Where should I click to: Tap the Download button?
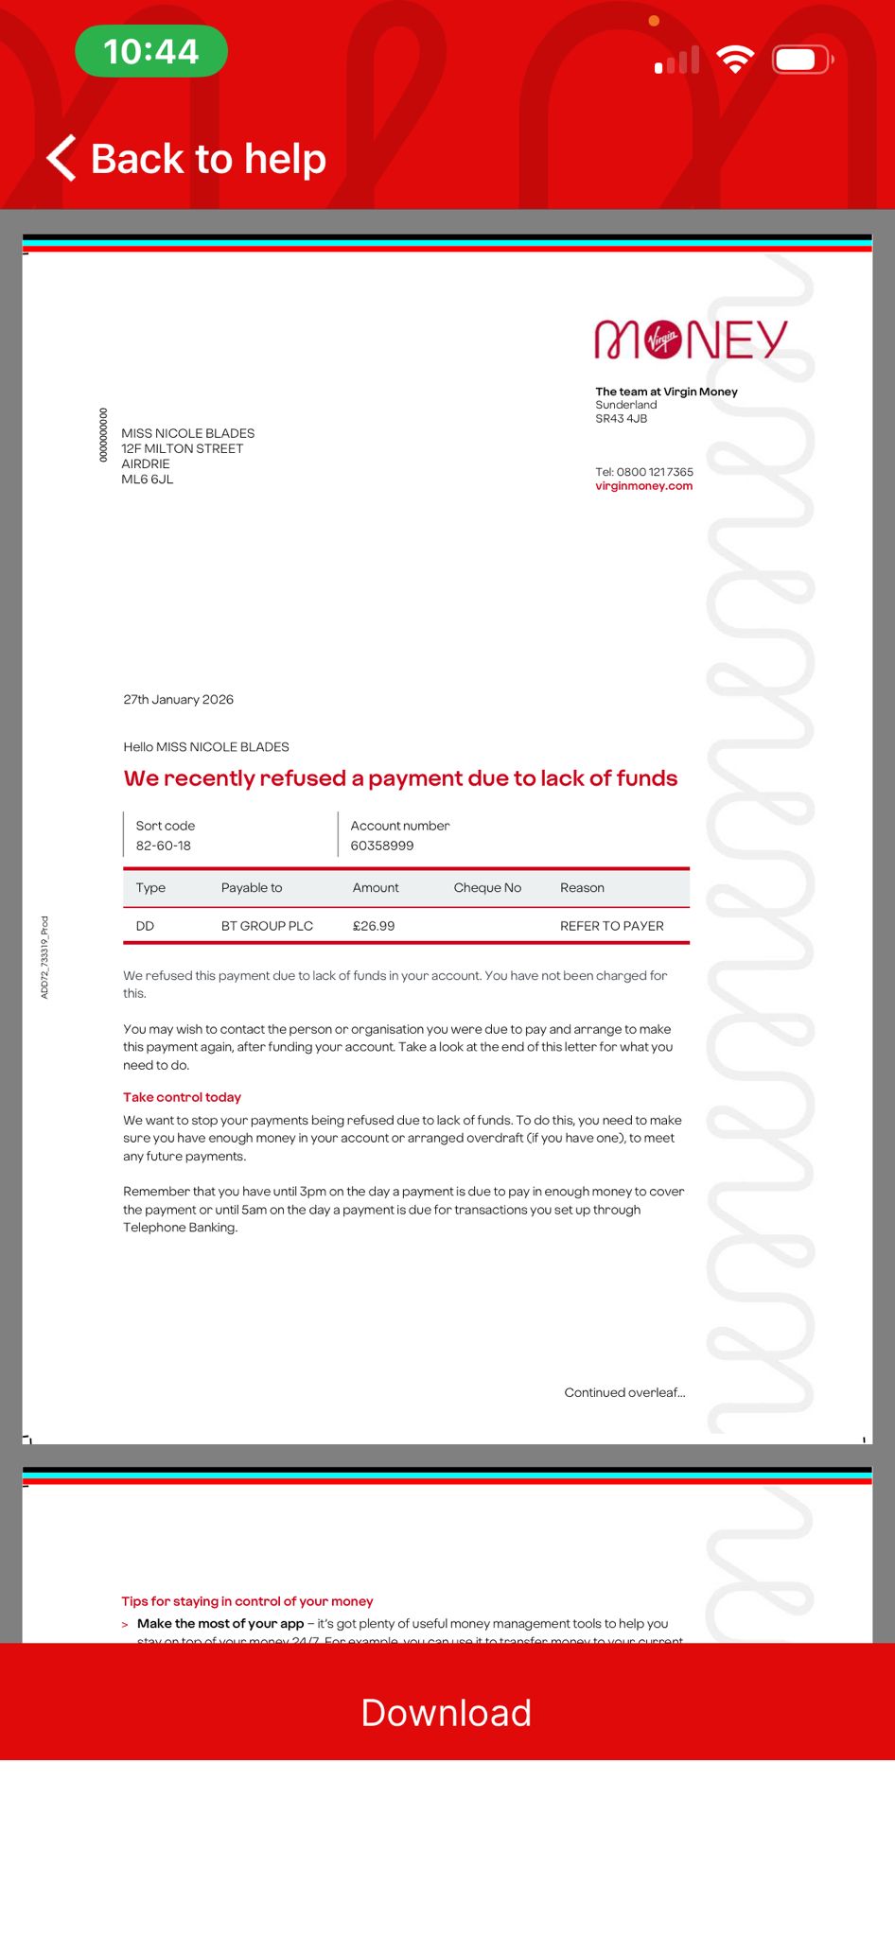click(x=447, y=1713)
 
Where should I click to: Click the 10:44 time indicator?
click(x=151, y=51)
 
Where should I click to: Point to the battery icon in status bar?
click(x=801, y=61)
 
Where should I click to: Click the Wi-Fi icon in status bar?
click(x=734, y=60)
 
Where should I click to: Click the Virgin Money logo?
click(x=691, y=340)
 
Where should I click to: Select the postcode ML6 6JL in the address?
click(x=148, y=480)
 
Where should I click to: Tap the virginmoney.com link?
click(x=643, y=486)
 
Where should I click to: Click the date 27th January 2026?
click(x=178, y=700)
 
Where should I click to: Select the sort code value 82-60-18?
click(x=164, y=846)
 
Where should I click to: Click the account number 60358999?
click(x=382, y=846)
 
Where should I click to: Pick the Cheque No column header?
click(x=487, y=888)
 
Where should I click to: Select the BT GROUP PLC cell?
click(x=267, y=926)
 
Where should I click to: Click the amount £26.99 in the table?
click(x=374, y=926)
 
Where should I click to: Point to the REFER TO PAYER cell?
click(x=611, y=926)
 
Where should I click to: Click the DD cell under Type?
click(x=145, y=926)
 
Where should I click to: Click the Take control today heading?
click(x=182, y=1097)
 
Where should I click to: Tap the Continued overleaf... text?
click(x=624, y=1392)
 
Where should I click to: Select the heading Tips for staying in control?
click(x=247, y=1601)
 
